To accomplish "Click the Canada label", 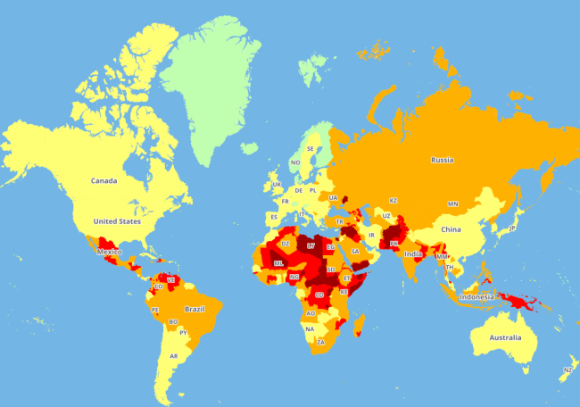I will coord(104,181).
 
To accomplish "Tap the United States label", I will coord(117,220).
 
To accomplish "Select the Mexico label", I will coord(108,252).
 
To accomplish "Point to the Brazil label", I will coord(195,309).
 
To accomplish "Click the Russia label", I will coord(442,161).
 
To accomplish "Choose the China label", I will coord(450,229).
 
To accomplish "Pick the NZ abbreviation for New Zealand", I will coord(568,370).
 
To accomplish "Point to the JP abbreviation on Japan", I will coord(512,228).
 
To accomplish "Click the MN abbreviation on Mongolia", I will coord(452,203).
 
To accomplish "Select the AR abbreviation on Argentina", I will coord(174,356).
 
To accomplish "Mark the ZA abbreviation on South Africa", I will coord(320,342).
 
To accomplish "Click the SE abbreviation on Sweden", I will coord(311,148).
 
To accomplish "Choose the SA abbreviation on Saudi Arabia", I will coord(354,252).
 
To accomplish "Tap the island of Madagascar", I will coord(360,324).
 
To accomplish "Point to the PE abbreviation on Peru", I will coord(155,310).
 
